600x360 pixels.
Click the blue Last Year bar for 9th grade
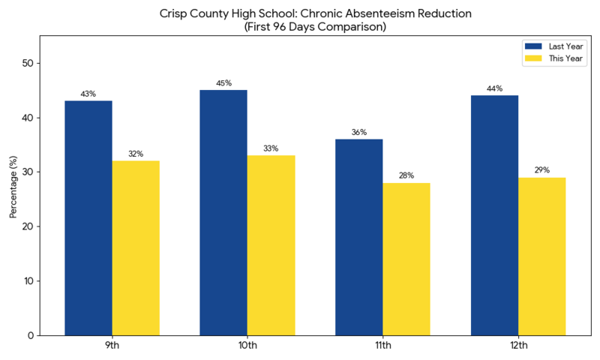(x=88, y=217)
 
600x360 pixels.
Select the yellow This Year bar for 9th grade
(x=136, y=247)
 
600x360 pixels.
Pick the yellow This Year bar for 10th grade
(x=271, y=245)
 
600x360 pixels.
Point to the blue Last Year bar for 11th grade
(x=359, y=237)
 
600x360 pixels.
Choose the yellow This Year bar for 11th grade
(x=406, y=259)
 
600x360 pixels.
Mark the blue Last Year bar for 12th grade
(x=494, y=215)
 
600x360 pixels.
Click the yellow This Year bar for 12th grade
(x=541, y=256)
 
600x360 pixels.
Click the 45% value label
(x=223, y=83)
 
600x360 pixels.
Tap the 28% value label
(x=406, y=175)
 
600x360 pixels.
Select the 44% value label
(x=494, y=88)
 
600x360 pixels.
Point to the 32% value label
(x=136, y=154)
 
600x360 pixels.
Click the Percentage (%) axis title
(x=13, y=187)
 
